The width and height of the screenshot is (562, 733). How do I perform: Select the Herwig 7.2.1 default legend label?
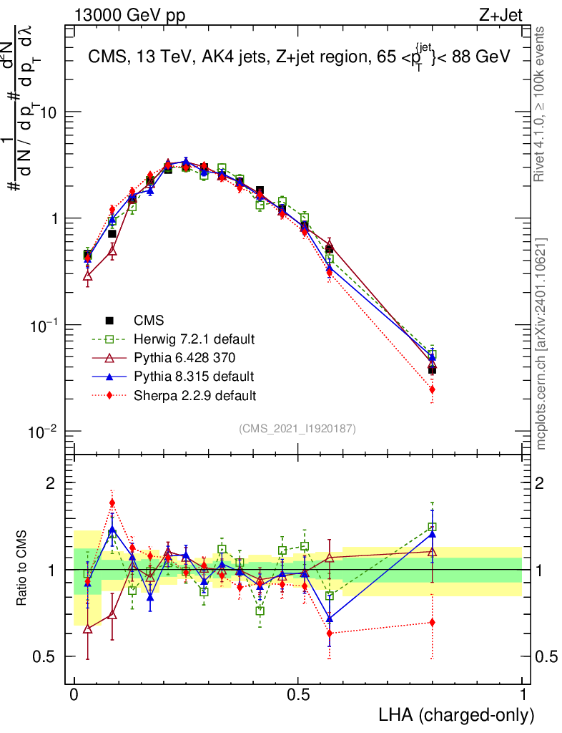(x=194, y=339)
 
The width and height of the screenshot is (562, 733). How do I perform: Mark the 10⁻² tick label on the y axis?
(x=47, y=431)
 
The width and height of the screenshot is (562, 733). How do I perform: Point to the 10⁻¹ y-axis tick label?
(x=47, y=325)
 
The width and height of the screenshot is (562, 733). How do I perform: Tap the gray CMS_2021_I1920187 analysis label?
(x=297, y=428)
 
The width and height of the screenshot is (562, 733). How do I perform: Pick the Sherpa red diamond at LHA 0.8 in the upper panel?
(x=432, y=389)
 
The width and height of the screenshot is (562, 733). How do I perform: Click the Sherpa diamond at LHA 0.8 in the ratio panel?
(x=432, y=622)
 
